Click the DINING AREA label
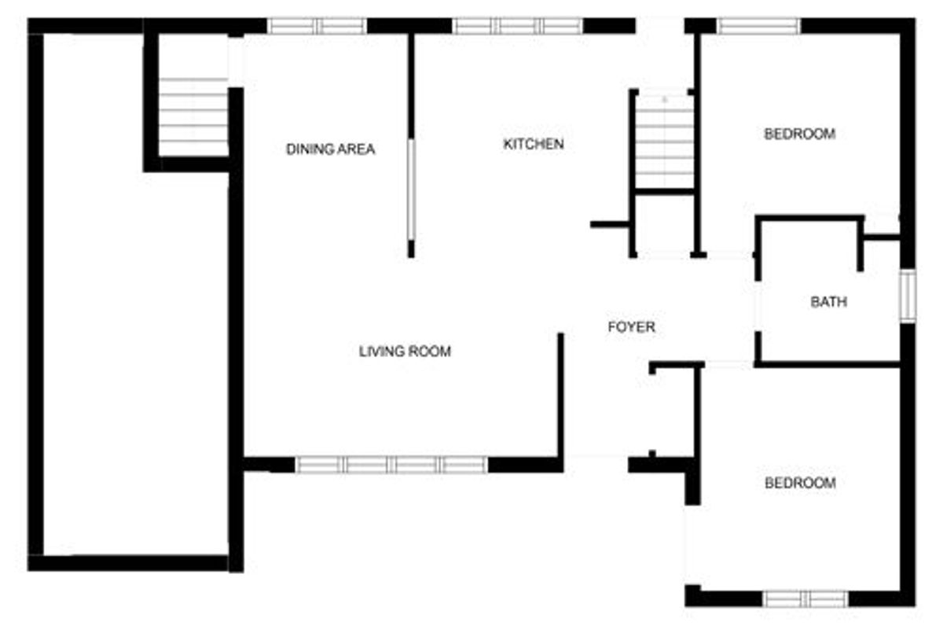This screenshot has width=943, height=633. pos(331,149)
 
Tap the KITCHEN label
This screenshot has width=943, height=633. pos(534,144)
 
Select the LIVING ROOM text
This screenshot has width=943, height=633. pos(405,351)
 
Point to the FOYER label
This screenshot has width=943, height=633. pos(632,327)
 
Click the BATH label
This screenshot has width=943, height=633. pos(829,302)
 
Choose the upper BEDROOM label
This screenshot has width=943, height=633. pos(800,134)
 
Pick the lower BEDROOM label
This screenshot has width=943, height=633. pos(800,483)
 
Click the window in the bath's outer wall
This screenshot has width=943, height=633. pos(908,296)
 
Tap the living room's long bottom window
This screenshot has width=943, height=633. pos(391,465)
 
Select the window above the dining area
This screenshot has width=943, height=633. pos(317,26)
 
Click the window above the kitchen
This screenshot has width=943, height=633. pos(517,26)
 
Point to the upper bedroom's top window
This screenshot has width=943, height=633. pos(758,26)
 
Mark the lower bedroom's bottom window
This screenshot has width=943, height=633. pos(805,599)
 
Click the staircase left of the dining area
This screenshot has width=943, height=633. pos(193,117)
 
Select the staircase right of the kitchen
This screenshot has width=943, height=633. pos(664,142)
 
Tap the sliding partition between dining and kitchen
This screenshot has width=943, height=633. pos(411,190)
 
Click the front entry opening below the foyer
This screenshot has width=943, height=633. pos(596,464)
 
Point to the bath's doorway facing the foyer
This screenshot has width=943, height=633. pos(758,306)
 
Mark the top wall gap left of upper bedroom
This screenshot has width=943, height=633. pos(660,26)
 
